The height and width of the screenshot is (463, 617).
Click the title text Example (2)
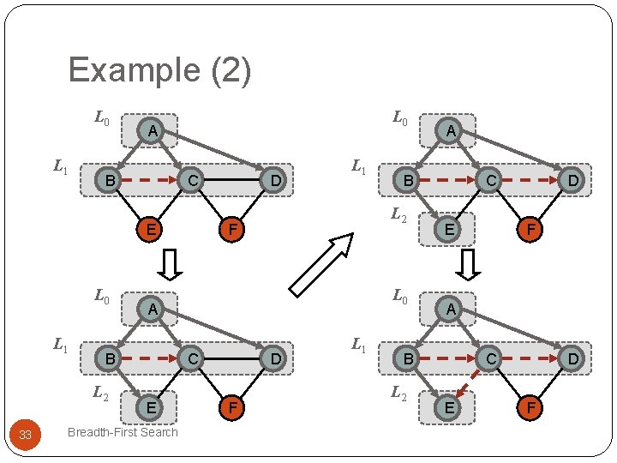(x=159, y=70)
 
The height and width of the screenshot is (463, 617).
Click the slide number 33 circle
(x=25, y=436)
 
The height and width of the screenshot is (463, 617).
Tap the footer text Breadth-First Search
(x=123, y=432)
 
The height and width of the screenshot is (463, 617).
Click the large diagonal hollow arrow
(x=321, y=264)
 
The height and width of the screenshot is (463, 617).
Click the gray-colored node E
(x=151, y=408)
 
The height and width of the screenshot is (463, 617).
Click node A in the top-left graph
(x=151, y=131)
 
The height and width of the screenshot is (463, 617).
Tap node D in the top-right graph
(x=572, y=180)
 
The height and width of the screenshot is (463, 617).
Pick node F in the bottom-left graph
(x=231, y=408)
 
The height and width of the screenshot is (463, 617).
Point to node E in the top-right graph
(x=446, y=229)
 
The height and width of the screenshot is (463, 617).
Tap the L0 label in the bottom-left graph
(x=101, y=298)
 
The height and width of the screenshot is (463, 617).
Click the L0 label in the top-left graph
(x=101, y=117)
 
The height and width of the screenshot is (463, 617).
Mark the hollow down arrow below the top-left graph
(x=171, y=264)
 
